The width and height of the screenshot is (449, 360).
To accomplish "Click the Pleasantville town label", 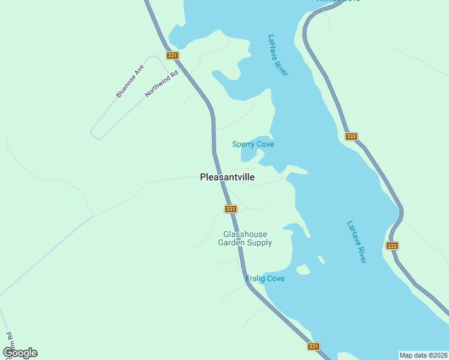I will tap(227, 178).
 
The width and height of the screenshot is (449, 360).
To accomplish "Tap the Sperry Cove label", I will tap(253, 144).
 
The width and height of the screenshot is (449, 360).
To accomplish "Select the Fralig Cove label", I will tap(265, 278).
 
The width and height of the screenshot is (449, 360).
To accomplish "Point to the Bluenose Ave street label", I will tap(130, 81).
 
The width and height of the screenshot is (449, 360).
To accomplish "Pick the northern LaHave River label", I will tap(278, 55).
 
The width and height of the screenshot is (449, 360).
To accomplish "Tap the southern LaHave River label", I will tap(357, 242).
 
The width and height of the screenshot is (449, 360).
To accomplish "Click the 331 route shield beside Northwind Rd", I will tap(172, 55).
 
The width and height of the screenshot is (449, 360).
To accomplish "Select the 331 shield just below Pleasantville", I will tap(231, 209).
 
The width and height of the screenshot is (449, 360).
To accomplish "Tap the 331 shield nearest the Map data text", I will tap(313, 346).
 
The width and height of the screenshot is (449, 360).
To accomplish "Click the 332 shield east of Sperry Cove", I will tap(352, 137).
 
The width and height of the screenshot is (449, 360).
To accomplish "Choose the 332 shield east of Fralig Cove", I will tap(392, 246).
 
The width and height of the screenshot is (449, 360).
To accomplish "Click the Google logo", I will tap(20, 353).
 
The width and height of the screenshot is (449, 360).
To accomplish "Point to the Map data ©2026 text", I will tap(424, 355).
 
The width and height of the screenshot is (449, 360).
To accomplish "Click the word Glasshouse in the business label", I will tap(245, 234).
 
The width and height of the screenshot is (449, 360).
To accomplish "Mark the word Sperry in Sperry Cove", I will tap(243, 144).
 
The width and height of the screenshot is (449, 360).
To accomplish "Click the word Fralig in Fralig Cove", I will tap(255, 278).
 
